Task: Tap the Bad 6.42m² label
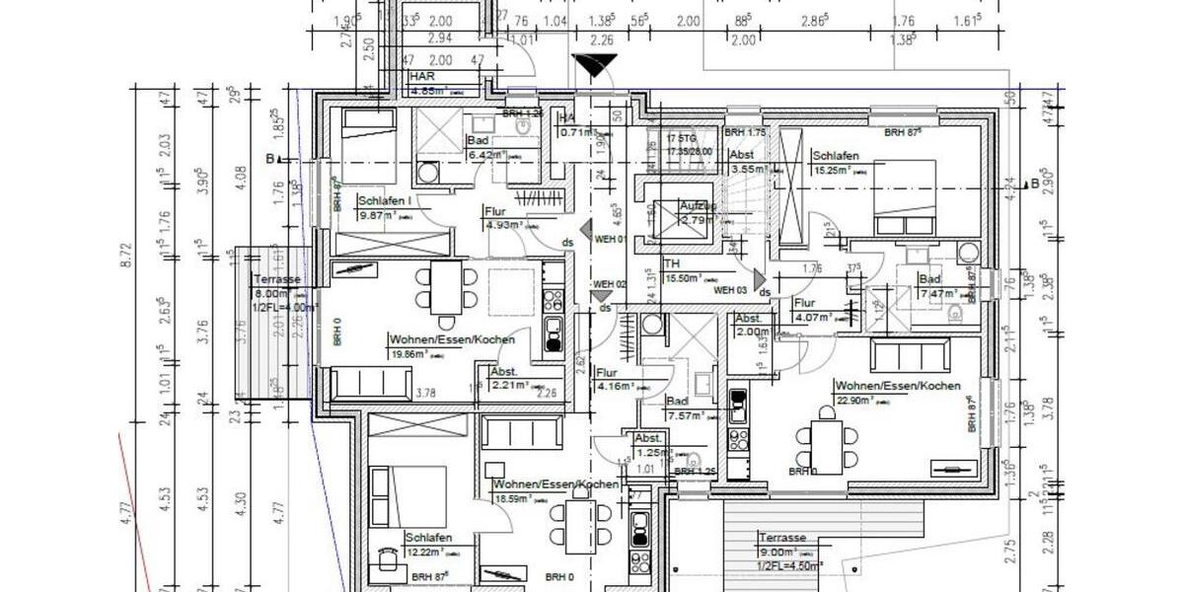point(484,148)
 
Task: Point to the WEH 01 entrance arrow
point(586,232)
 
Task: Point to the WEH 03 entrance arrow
point(759,281)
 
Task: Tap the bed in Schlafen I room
point(368,138)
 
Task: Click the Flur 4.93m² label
point(503,217)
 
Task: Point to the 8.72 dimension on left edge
point(124,266)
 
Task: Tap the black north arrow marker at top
point(594,67)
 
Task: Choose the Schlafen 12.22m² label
point(428,545)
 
